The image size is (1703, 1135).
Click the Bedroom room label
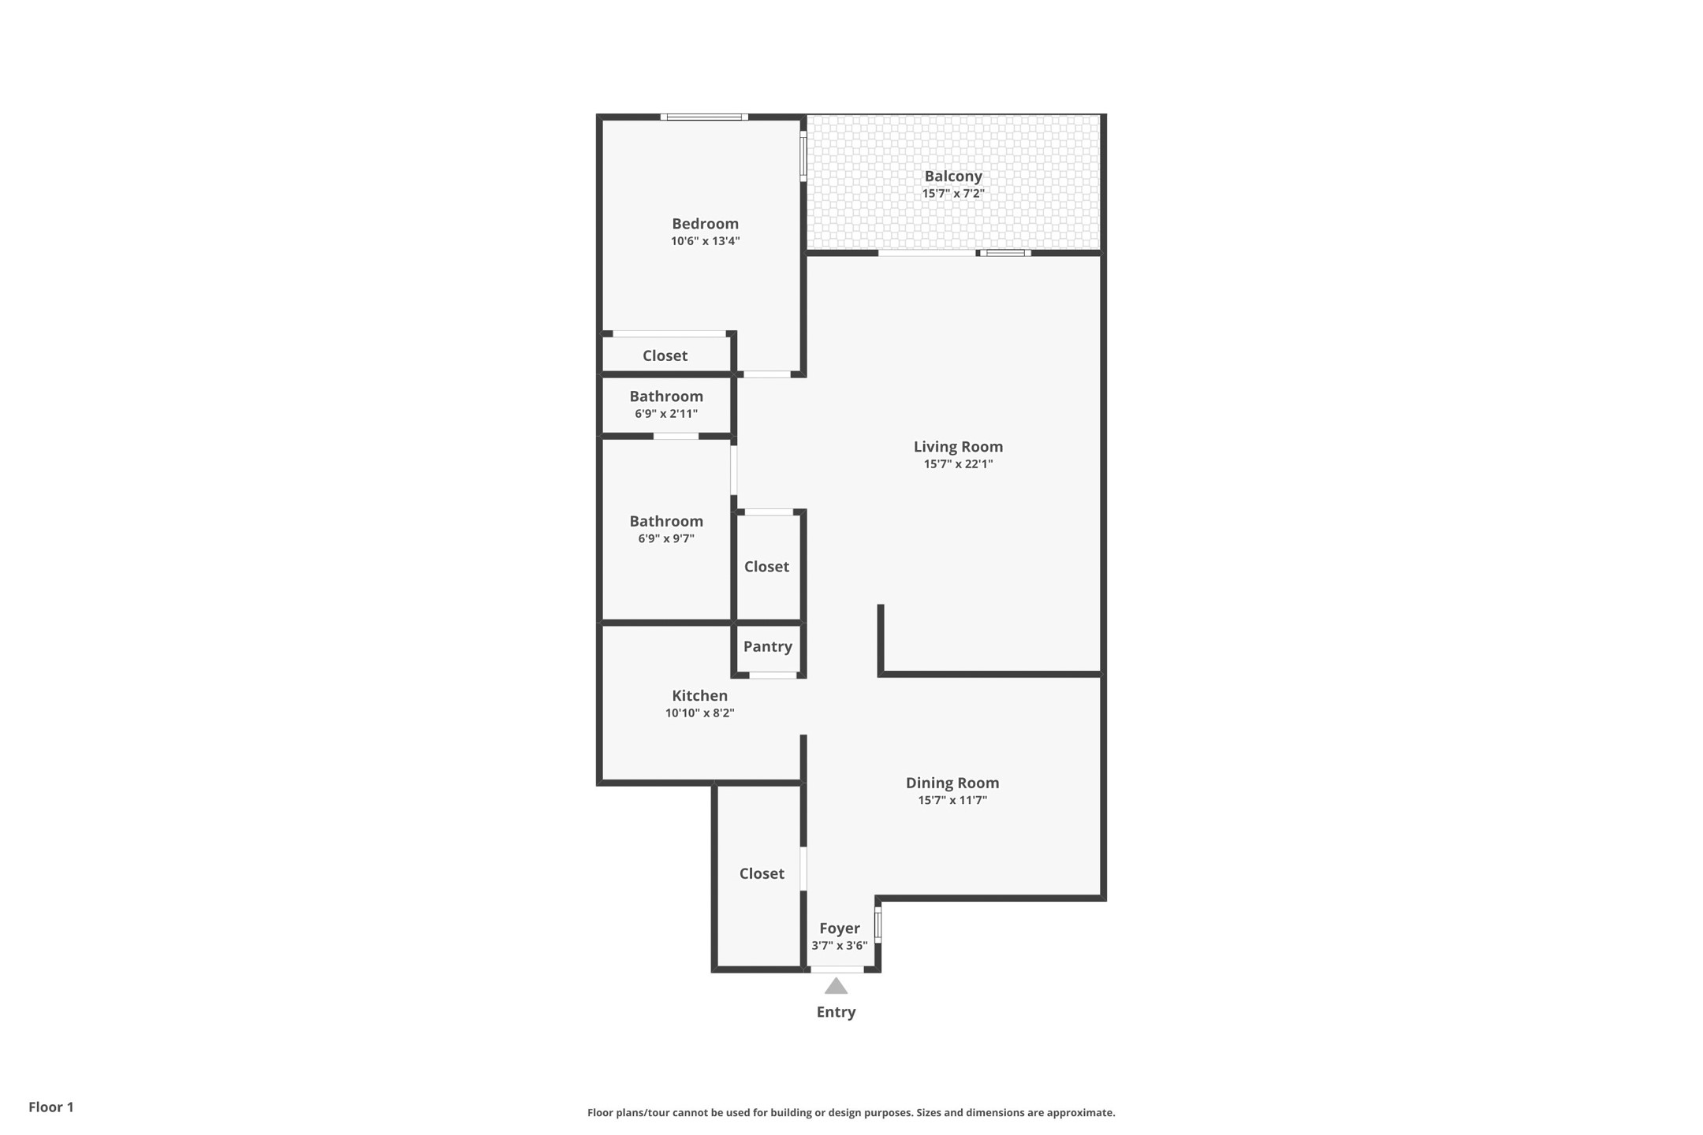click(x=705, y=224)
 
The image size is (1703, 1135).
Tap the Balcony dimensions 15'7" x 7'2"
click(x=953, y=194)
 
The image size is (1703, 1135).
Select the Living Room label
click(x=958, y=447)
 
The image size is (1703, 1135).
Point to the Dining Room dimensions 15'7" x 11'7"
click(x=952, y=801)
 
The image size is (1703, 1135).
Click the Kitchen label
click(x=699, y=696)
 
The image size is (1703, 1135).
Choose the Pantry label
click(x=767, y=647)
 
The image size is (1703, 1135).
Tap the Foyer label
click(x=840, y=928)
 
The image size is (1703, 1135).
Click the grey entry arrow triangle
click(x=836, y=986)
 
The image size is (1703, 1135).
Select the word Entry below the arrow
click(x=836, y=1012)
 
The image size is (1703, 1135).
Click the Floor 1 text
click(x=51, y=1107)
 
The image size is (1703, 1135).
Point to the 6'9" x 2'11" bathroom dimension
click(x=666, y=414)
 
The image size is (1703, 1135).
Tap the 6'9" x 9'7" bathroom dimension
click(x=666, y=539)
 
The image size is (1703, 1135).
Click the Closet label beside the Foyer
click(x=762, y=873)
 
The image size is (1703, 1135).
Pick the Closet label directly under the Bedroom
click(x=665, y=355)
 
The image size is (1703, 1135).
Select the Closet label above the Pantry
click(x=766, y=567)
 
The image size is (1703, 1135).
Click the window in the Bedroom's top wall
click(x=704, y=117)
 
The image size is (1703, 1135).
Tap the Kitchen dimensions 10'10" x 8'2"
click(x=699, y=713)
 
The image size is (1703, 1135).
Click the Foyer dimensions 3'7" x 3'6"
click(x=840, y=946)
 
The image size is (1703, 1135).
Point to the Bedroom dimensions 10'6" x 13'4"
click(x=705, y=241)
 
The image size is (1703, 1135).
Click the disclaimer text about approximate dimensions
click(x=851, y=1113)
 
